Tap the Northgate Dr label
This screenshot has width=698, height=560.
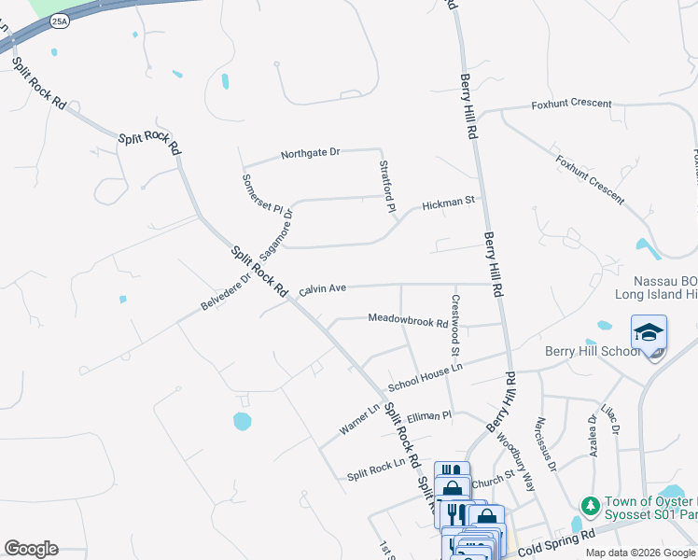pyautogui.click(x=311, y=152)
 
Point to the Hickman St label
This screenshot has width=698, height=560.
pyautogui.click(x=448, y=202)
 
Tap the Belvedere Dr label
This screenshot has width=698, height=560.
pyautogui.click(x=226, y=292)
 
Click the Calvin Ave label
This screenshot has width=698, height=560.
pyautogui.click(x=323, y=289)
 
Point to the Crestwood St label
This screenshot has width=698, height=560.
pyautogui.click(x=455, y=326)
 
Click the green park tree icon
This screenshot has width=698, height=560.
pyautogui.click(x=590, y=505)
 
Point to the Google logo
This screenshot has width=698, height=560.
pyautogui.click(x=31, y=549)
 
